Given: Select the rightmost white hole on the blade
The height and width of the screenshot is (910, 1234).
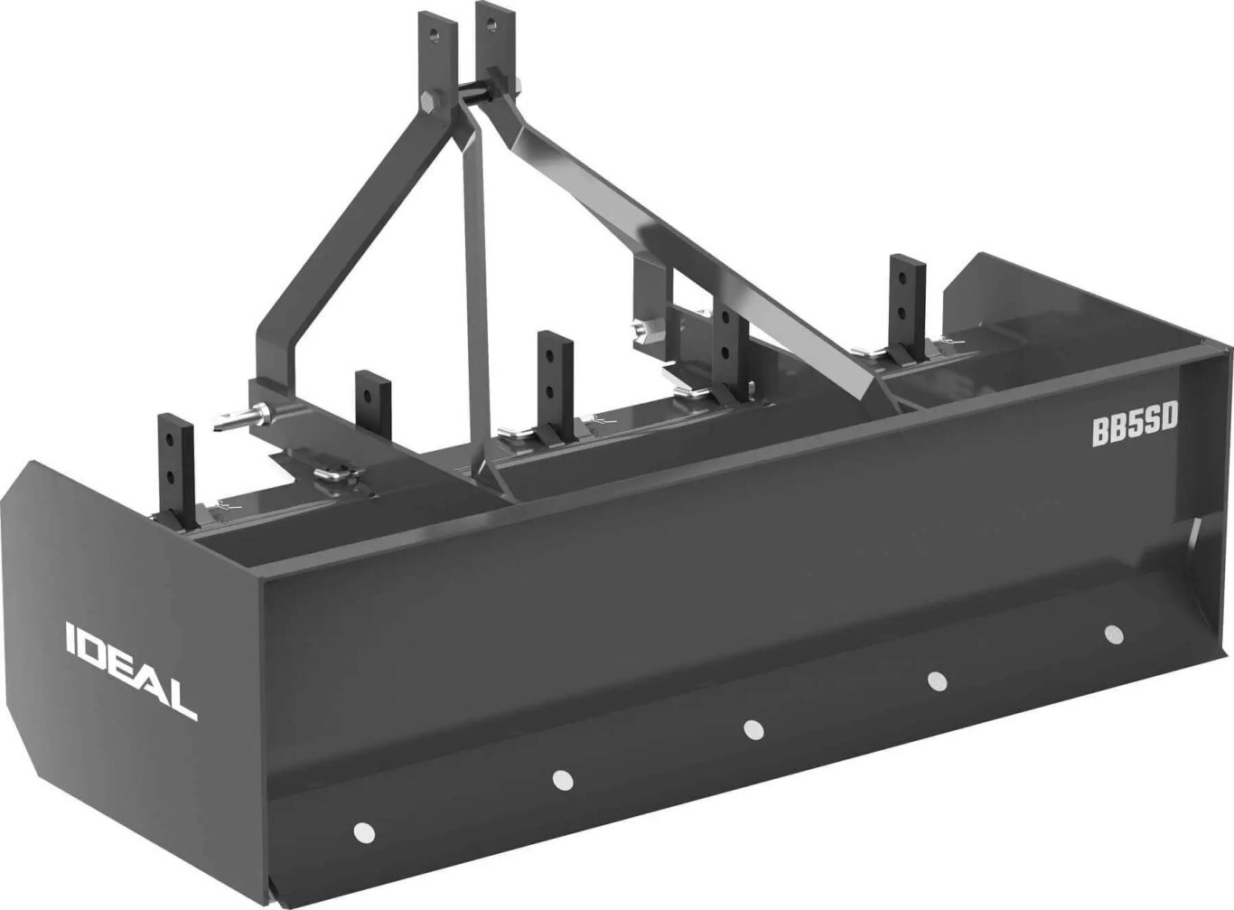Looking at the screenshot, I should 1113,633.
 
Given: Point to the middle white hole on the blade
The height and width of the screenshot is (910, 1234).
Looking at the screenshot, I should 753,728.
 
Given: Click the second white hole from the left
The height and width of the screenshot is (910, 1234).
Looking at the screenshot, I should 562,779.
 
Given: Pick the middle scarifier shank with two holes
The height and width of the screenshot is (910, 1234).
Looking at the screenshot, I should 554,380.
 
